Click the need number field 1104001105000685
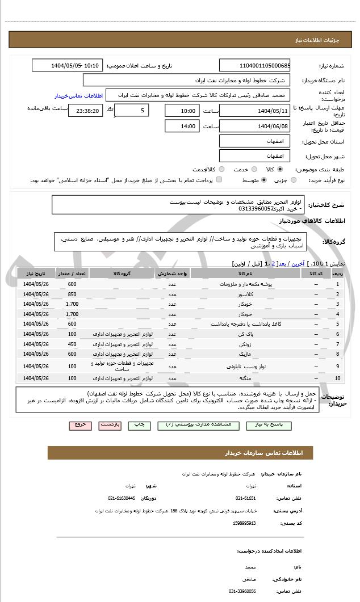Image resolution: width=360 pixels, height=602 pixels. point(254,65)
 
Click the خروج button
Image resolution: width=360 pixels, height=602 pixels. point(79,424)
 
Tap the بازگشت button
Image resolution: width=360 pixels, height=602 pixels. point(110,424)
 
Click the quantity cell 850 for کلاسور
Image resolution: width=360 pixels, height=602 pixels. point(72,294)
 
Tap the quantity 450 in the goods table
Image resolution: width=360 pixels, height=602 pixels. point(72,344)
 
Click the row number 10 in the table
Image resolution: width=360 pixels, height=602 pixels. point(338,378)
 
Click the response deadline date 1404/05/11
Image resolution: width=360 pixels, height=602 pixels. point(254,111)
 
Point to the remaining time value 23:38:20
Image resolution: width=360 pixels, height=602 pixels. point(85,111)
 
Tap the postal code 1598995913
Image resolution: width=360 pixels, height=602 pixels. point(244,523)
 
